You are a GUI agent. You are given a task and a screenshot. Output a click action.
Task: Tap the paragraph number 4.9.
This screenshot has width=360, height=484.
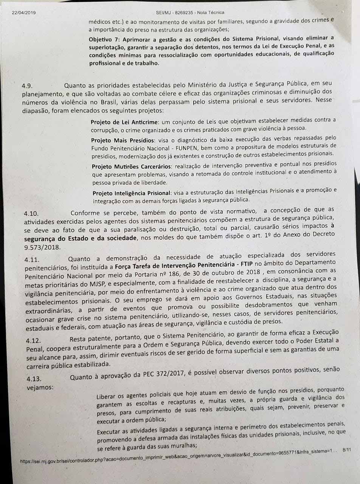[x=29, y=86]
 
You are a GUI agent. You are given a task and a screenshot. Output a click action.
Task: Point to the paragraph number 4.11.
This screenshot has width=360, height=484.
[x=33, y=260]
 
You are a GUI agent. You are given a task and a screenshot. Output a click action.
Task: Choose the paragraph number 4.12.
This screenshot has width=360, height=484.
[x=33, y=341]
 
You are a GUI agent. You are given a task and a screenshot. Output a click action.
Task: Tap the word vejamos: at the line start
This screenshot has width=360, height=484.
[x=40, y=387]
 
